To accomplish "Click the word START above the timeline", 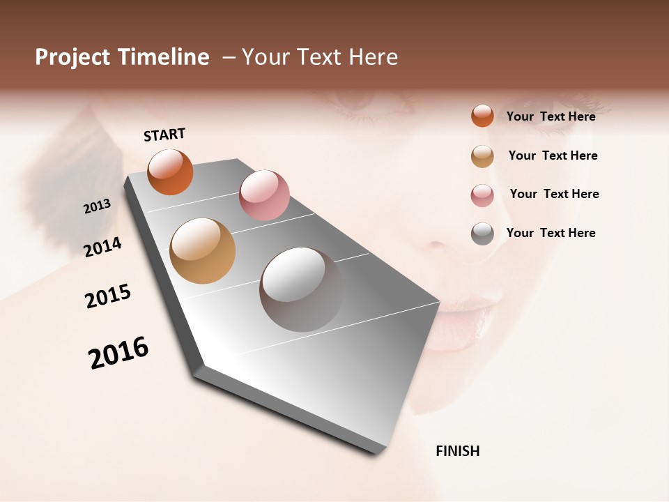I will [x=164, y=134].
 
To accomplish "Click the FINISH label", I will [x=458, y=451].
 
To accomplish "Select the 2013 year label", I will [x=98, y=206].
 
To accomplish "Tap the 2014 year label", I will [x=103, y=247].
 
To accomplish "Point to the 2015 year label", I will [x=108, y=296].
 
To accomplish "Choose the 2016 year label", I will [x=118, y=353].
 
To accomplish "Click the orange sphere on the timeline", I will [x=170, y=172].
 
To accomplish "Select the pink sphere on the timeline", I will [x=264, y=195].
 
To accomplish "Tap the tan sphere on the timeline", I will [x=203, y=251].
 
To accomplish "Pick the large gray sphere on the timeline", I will [x=301, y=289].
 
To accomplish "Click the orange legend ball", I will [x=482, y=116].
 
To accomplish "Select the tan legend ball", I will [x=482, y=156].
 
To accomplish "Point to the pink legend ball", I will [x=482, y=195].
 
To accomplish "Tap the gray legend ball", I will [x=482, y=234].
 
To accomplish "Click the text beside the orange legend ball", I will [x=551, y=116].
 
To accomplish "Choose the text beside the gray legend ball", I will [x=551, y=233].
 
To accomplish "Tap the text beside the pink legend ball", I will [x=554, y=194].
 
